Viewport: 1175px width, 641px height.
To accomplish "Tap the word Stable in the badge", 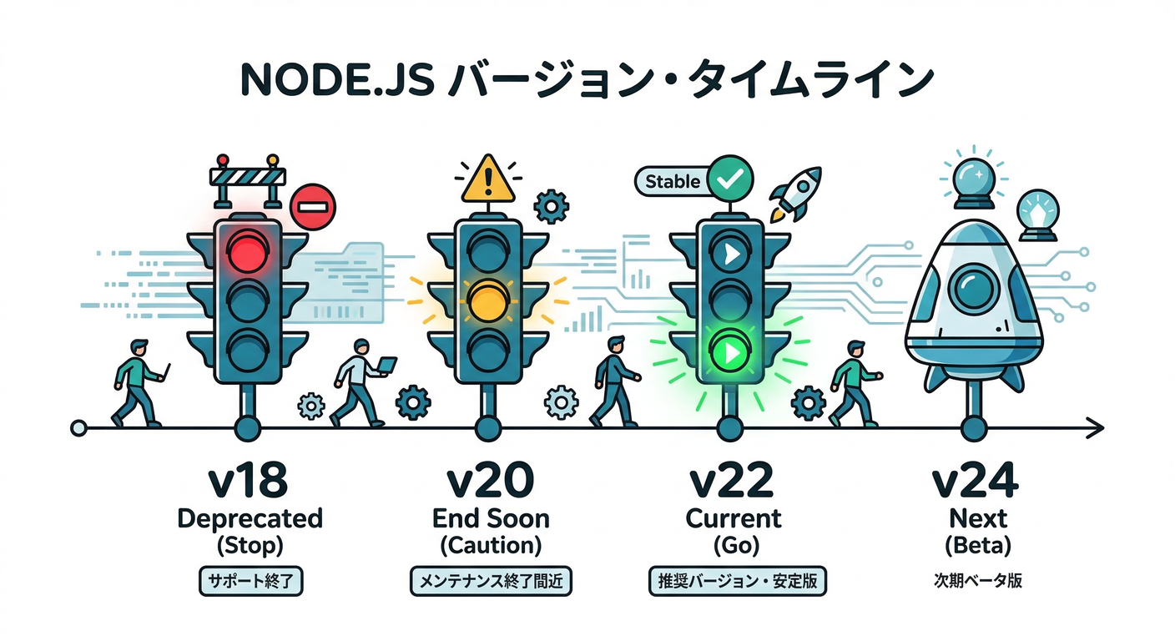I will coord(673,181).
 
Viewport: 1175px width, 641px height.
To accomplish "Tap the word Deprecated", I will coord(250,518).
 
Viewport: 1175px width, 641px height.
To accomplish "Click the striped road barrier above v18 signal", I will coord(247,177).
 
